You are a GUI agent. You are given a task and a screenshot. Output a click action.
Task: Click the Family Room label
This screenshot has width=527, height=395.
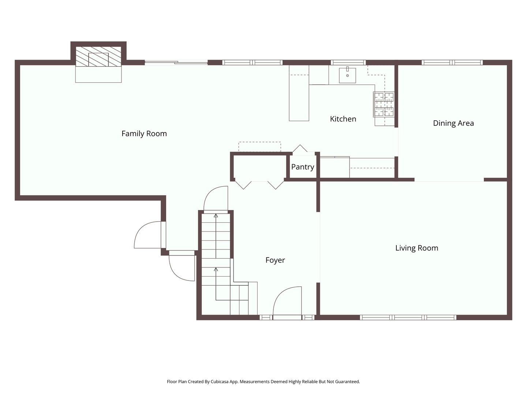point(144,133)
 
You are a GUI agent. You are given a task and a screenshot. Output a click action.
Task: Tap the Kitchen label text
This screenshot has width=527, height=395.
point(343,119)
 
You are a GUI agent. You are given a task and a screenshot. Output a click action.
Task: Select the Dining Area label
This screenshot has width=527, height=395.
point(453,123)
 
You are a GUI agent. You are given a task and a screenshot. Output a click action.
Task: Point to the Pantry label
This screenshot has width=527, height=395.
point(303,167)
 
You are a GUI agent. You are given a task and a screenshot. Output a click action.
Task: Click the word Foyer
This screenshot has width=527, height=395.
point(275,260)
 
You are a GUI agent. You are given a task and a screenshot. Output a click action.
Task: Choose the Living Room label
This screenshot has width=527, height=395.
point(416,248)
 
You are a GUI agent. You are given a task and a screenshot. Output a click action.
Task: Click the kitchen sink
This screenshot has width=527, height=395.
point(347,75)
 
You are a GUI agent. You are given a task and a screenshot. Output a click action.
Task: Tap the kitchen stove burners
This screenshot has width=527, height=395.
point(384,104)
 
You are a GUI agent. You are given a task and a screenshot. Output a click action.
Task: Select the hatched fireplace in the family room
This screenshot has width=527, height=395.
point(98,56)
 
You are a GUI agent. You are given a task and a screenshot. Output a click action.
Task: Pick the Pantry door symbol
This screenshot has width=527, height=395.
point(300,148)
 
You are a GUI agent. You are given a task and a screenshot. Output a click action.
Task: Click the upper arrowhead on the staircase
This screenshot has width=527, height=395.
point(216,216)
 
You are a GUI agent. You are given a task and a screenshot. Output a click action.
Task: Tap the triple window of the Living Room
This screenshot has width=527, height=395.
point(408,317)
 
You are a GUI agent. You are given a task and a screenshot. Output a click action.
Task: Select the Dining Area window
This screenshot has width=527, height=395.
point(452,63)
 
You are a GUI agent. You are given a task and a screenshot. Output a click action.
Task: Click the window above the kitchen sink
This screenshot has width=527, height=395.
point(348,63)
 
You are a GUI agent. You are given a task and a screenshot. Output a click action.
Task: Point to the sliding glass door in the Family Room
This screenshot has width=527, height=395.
point(176,63)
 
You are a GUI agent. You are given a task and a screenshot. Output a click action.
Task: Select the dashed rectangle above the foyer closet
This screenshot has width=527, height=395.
point(259,147)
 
